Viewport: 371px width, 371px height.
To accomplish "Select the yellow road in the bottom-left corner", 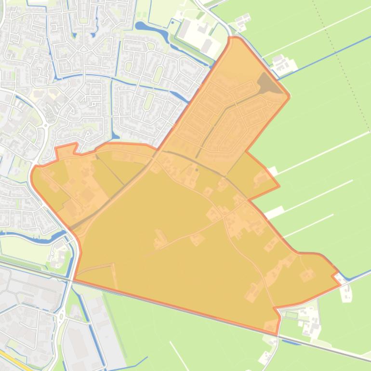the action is [12, 361].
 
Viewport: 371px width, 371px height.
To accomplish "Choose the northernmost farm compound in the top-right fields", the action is [242, 20].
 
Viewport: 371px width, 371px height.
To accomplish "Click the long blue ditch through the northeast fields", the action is [328, 53].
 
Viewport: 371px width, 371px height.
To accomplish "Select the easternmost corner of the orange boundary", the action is [340, 284].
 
